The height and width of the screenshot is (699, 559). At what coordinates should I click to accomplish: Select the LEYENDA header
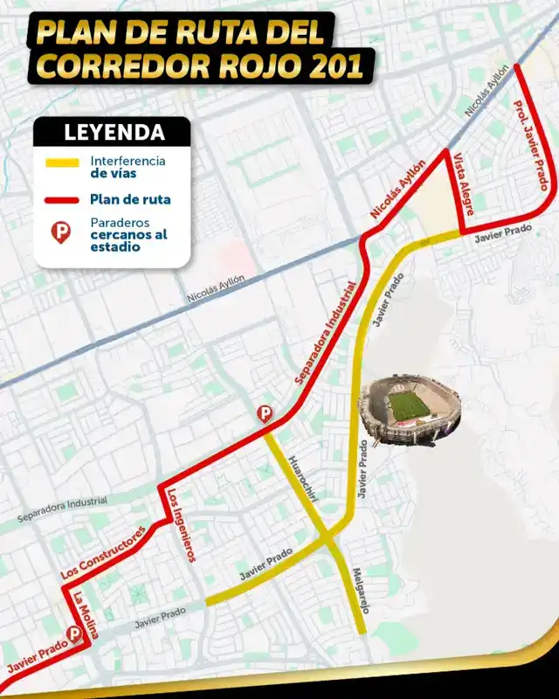tap(114, 133)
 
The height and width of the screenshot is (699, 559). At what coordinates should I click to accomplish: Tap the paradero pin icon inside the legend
tap(61, 232)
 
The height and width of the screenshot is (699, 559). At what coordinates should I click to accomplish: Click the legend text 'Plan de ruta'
tap(129, 200)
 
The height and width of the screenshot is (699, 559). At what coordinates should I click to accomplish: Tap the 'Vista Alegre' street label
tap(462, 185)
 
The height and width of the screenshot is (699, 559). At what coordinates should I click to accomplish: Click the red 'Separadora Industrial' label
tap(327, 333)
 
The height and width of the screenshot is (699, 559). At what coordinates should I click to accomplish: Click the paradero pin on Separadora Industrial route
tap(263, 414)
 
